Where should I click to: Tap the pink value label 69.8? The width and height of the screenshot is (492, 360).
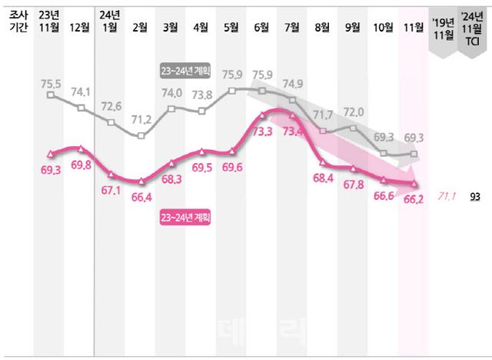pyautogui.click(x=81, y=165)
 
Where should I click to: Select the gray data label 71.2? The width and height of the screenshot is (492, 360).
pyautogui.click(x=141, y=120)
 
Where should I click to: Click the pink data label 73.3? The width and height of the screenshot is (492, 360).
pyautogui.click(x=261, y=131)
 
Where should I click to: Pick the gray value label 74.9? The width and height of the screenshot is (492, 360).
pyautogui.click(x=292, y=83)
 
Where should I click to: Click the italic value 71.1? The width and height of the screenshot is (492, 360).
pyautogui.click(x=447, y=196)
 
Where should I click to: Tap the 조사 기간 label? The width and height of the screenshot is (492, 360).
pyautogui.click(x=15, y=21)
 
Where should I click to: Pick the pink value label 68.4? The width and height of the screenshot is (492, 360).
pyautogui.click(x=323, y=178)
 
